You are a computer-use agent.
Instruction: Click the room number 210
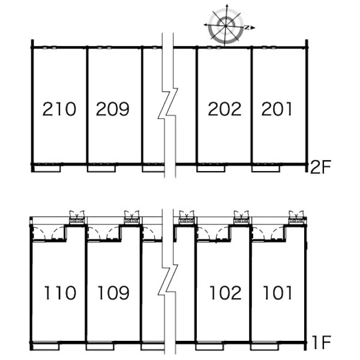pyautogui.click(x=59, y=109)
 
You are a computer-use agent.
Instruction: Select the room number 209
pyautogui.click(x=113, y=109)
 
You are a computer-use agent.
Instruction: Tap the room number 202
pyautogui.click(x=224, y=109)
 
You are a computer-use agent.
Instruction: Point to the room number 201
pyautogui.click(x=277, y=109)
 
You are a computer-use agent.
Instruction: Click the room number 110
pyautogui.click(x=59, y=293)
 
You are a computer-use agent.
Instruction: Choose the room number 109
pyautogui.click(x=113, y=293)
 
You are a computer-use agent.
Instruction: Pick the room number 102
pyautogui.click(x=226, y=293)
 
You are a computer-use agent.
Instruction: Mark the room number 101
pyautogui.click(x=277, y=293)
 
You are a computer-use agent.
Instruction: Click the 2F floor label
pyautogui.click(x=320, y=167)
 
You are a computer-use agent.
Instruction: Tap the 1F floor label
pyautogui.click(x=322, y=343)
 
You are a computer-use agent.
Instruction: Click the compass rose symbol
pyautogui.click(x=226, y=26)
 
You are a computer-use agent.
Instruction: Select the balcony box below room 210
pyautogui.click(x=47, y=169)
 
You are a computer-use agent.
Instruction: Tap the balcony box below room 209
pyautogui.click(x=101, y=169)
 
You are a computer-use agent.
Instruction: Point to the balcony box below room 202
pyautogui.click(x=211, y=169)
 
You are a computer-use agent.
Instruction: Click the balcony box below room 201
pyautogui.click(x=266, y=169)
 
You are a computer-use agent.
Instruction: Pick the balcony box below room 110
pyautogui.click(x=46, y=347)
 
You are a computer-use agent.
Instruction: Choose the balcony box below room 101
pyautogui.click(x=264, y=347)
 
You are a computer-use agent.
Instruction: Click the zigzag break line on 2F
pyautogui.click(x=168, y=106)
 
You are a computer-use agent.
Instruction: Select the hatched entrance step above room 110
pyautogui.click(x=77, y=221)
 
